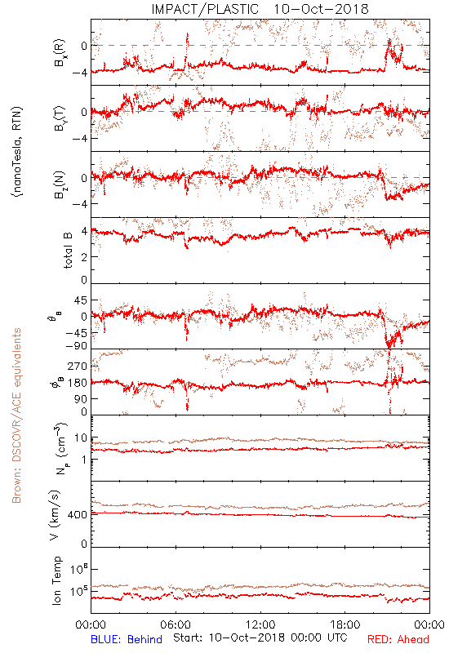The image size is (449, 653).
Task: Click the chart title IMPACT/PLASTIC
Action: coord(205,9)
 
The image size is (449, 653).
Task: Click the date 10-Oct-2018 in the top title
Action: coord(321,9)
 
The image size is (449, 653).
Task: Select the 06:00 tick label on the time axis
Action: coord(176,624)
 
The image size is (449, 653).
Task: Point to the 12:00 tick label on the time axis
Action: coord(260,624)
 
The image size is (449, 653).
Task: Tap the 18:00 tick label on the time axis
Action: coord(345,624)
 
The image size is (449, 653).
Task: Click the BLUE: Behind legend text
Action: coord(127,639)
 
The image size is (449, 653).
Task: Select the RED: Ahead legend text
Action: coord(398,639)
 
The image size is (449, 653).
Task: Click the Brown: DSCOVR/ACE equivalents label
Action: coord(16,415)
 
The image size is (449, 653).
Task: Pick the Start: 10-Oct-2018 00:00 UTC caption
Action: coord(260,637)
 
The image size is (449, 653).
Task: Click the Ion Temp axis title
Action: coord(56,580)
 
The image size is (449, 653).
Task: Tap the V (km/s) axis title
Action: coord(55,515)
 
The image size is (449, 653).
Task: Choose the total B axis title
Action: coord(68,251)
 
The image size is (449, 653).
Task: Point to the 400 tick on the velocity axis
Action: coord(78,515)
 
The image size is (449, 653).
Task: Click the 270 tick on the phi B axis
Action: coord(78,366)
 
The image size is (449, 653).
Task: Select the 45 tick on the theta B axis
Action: coord(81,300)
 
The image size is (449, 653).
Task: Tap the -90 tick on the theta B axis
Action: coord(77,346)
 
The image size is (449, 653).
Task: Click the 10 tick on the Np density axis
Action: coord(81,438)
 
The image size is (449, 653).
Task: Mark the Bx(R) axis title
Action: coord(59,52)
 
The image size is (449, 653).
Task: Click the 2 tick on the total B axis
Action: coord(84,257)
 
